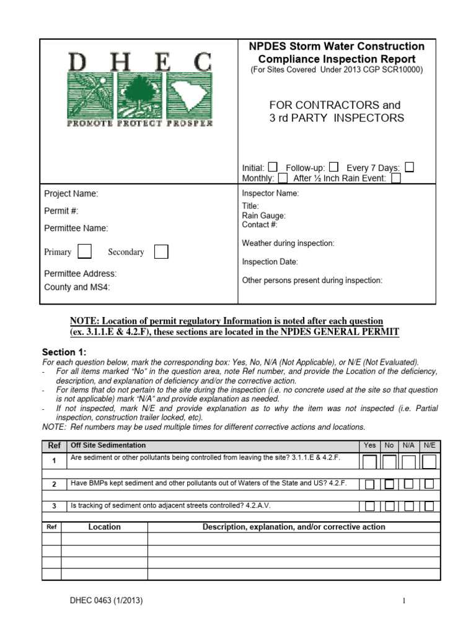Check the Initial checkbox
coord(273,167)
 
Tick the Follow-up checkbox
coord(333,167)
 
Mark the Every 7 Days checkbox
coord(409,167)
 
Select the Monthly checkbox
coord(283,178)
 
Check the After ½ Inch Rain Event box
coord(396,178)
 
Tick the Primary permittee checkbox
coord(86,251)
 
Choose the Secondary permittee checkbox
coord(161,251)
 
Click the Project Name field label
coord(71,194)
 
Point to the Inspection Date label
coord(270,262)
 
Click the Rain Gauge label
coord(263,215)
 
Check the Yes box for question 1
coord(369,462)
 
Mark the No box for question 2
coord(389,484)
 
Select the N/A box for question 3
coord(409,506)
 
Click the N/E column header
coord(429,445)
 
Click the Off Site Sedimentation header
coord(108,445)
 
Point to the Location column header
coord(105,527)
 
